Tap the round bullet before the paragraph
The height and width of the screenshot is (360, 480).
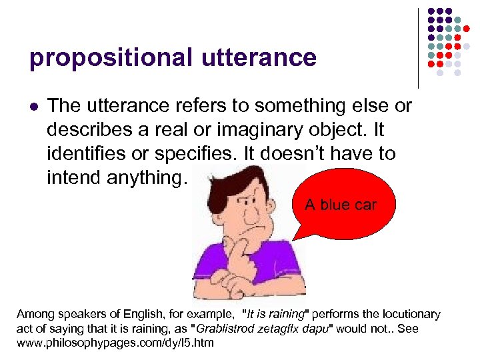tap(33, 106)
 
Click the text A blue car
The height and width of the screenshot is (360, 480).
tap(340, 205)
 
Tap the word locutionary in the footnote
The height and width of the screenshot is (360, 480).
tap(408, 314)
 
